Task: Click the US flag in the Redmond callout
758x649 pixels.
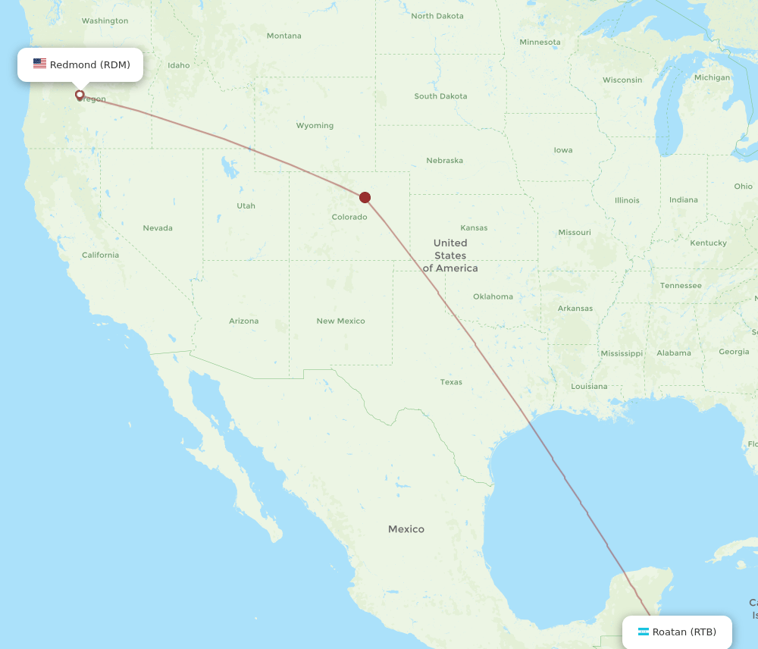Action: [x=39, y=64]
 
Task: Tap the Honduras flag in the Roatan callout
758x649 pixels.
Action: [x=644, y=632]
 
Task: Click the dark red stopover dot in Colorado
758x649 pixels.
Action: [x=365, y=197]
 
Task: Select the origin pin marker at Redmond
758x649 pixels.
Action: [x=80, y=95]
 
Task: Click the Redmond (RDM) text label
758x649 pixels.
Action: [x=90, y=64]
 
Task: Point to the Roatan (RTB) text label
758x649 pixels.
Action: [x=684, y=632]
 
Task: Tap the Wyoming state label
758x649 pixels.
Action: [x=315, y=126]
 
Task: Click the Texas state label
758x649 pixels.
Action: [x=451, y=382]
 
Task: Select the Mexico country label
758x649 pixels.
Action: [x=406, y=529]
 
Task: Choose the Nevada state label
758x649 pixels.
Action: [x=158, y=228]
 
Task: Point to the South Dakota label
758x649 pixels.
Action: [x=440, y=96]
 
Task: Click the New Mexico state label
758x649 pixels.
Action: [x=340, y=321]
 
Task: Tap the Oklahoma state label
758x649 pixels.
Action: [x=493, y=296]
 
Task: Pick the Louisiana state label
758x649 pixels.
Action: [x=589, y=387]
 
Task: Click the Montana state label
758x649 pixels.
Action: [x=283, y=36]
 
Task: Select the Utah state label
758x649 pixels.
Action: [x=246, y=205]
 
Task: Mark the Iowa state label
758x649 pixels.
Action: [x=563, y=150]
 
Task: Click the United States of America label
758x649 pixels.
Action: [x=450, y=256]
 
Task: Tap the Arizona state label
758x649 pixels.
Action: [x=243, y=321]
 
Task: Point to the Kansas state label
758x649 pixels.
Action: [x=474, y=228]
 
